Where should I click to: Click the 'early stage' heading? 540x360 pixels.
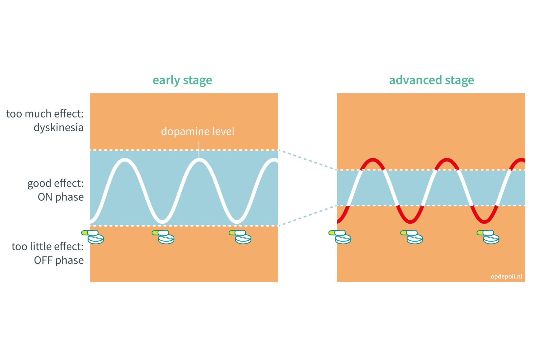[182, 80]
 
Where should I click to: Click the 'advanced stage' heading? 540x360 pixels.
[431, 80]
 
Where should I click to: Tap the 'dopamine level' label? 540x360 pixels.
[197, 131]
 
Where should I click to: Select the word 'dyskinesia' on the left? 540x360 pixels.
[58, 128]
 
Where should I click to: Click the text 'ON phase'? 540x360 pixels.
[61, 197]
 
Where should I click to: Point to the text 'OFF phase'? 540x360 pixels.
[59, 260]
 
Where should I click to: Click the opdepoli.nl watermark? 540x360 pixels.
[506, 276]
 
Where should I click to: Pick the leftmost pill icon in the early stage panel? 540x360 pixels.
[93, 237]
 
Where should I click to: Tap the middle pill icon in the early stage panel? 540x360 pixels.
[163, 237]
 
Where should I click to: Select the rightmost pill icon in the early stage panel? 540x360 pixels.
[240, 237]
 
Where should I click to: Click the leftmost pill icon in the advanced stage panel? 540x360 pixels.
[340, 237]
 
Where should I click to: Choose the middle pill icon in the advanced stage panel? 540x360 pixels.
[411, 237]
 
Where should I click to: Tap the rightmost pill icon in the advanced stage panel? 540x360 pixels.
[488, 237]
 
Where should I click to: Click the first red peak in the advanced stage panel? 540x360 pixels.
[373, 160]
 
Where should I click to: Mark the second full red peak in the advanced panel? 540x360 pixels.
[447, 160]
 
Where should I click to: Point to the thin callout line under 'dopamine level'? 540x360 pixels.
[199, 150]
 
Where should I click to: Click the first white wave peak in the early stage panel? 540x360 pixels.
[125, 160]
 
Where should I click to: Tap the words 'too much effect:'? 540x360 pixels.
[45, 114]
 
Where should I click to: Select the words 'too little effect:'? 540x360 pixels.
[48, 247]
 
